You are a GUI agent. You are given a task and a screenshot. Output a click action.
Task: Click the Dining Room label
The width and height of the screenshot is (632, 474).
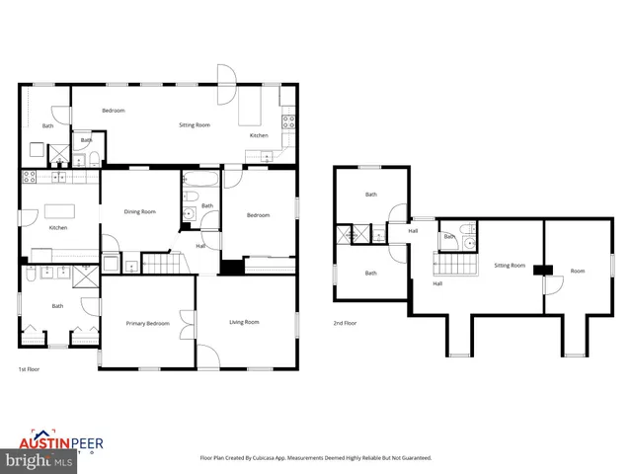[x=139, y=211]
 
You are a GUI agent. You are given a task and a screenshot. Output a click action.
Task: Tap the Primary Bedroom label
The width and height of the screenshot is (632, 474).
[x=147, y=324]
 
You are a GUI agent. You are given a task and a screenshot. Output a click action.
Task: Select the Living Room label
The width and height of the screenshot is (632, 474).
[x=244, y=322]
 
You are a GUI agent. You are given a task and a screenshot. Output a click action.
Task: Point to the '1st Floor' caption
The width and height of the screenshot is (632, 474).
[x=29, y=369]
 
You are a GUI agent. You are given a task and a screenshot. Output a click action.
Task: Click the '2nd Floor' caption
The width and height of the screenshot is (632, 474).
[x=345, y=323]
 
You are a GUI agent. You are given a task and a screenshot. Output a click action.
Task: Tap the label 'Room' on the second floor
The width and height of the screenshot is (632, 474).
[x=578, y=270]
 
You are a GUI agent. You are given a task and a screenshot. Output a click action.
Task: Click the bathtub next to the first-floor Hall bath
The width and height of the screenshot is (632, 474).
[x=200, y=182]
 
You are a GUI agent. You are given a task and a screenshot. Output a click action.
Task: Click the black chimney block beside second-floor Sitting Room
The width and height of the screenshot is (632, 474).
[x=539, y=269]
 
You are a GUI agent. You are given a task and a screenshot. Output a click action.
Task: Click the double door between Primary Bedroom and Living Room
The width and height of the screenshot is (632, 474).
[x=187, y=324]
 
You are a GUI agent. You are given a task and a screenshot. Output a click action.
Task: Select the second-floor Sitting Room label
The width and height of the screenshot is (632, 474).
[x=510, y=265]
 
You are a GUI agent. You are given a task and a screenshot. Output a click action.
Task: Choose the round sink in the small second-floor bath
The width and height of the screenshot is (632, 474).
[x=470, y=240]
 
